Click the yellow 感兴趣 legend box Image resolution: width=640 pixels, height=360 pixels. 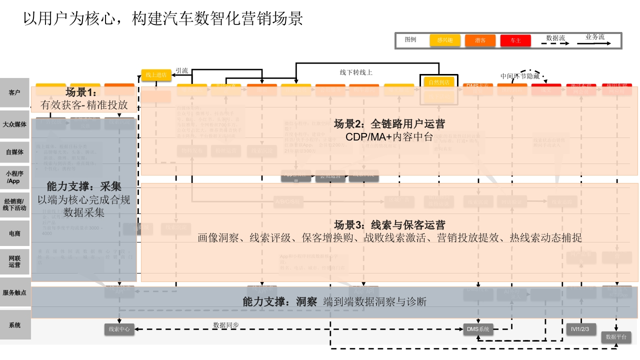[x=445, y=40]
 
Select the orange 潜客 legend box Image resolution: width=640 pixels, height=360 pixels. [x=480, y=40]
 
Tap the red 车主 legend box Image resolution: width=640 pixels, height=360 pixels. [x=515, y=40]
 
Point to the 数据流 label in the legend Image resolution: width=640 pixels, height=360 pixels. [x=555, y=37]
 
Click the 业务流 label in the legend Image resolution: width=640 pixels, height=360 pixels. [x=595, y=37]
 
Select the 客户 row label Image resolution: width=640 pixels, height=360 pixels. [x=15, y=92]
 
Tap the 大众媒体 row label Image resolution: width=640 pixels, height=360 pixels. [x=15, y=124]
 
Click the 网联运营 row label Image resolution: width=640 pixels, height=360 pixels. [x=15, y=261]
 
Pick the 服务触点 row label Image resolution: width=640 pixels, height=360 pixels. [x=15, y=292]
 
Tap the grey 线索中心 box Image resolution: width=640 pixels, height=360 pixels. [x=119, y=329]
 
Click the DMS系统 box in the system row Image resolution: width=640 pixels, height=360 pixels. [x=478, y=329]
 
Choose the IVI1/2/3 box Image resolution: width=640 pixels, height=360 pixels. [x=581, y=328]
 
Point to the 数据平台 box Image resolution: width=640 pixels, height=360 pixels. [x=616, y=337]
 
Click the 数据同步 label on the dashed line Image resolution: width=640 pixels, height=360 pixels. [x=226, y=325]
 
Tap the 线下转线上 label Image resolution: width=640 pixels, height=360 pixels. [x=356, y=72]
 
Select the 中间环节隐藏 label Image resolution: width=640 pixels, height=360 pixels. [x=520, y=76]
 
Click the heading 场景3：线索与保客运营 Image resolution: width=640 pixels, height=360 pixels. [x=389, y=225]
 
